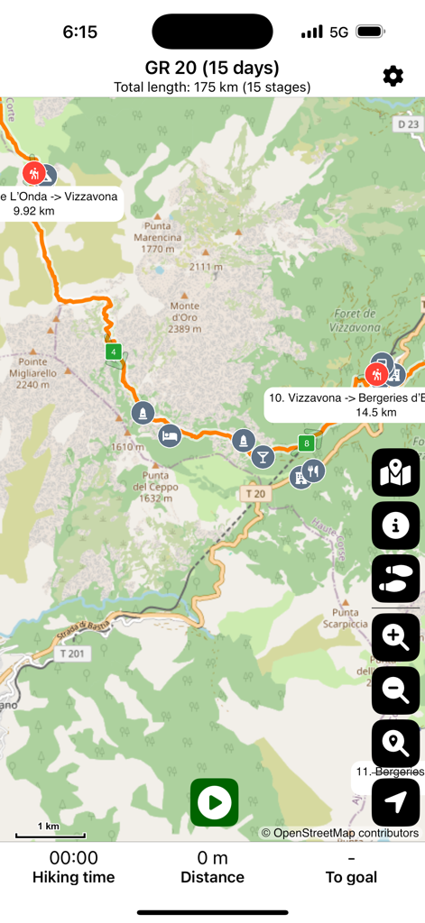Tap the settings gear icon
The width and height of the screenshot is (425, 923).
(x=393, y=76)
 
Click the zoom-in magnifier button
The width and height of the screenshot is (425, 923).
(x=395, y=638)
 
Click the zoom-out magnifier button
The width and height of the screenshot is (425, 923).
(x=395, y=690)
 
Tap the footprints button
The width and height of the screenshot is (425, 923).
(x=395, y=579)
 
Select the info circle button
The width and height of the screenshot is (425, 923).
(x=395, y=526)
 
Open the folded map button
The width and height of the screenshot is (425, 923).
(x=395, y=472)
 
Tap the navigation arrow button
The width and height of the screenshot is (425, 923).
(x=395, y=801)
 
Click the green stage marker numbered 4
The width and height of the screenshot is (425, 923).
(x=113, y=352)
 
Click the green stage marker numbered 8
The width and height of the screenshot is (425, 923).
(x=307, y=443)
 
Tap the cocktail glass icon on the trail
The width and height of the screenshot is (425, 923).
(x=263, y=456)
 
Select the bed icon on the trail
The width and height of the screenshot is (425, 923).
(x=169, y=436)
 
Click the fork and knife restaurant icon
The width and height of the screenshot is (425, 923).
(x=313, y=469)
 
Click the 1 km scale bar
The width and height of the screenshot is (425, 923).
(x=48, y=829)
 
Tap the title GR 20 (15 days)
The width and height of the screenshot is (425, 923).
(x=212, y=68)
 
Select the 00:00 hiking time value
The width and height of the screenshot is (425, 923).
(x=74, y=857)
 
